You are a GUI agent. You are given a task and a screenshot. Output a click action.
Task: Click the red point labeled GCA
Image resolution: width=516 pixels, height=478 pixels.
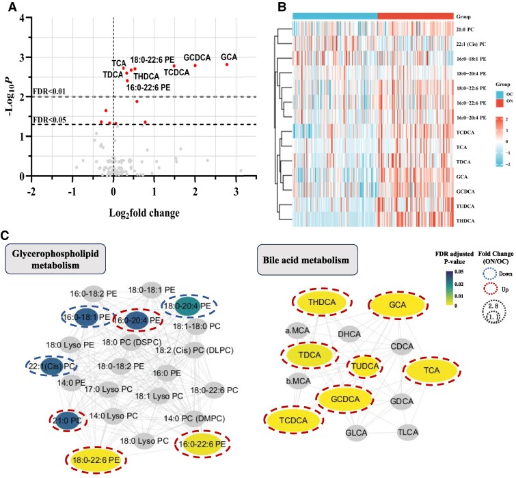point(226,64)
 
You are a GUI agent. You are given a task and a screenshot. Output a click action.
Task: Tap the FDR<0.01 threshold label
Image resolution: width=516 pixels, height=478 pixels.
point(49,90)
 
